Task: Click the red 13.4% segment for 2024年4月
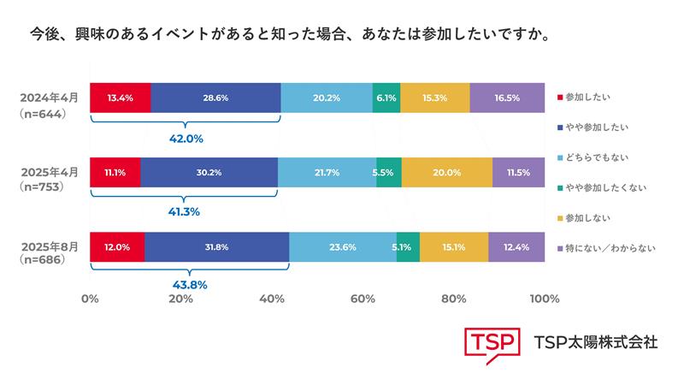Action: (x=120, y=98)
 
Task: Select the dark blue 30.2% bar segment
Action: (x=209, y=172)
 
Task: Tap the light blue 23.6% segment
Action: (x=342, y=246)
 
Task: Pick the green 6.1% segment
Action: (x=386, y=98)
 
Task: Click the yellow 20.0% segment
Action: (x=446, y=172)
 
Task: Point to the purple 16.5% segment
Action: (x=507, y=98)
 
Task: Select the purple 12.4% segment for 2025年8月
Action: (x=516, y=246)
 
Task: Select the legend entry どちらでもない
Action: (x=598, y=157)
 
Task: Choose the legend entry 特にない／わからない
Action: (x=610, y=248)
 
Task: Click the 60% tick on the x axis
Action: (x=363, y=299)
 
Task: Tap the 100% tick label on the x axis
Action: (x=544, y=299)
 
